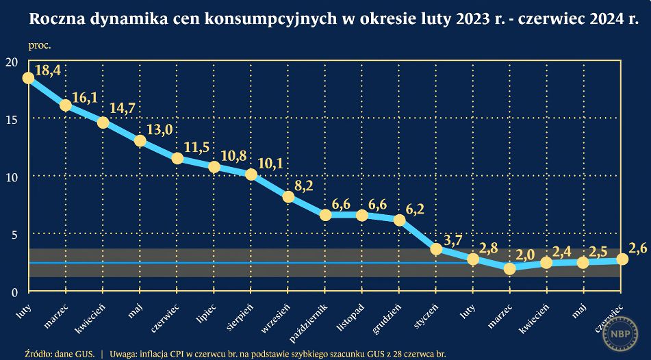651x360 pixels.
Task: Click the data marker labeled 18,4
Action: (28, 77)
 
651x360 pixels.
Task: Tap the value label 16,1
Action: (84, 98)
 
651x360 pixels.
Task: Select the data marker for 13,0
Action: (140, 141)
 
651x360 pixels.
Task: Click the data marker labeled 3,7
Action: (436, 249)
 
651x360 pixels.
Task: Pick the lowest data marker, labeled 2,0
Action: (509, 268)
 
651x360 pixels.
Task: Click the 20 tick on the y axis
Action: (11, 62)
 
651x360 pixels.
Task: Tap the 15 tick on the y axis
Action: (11, 120)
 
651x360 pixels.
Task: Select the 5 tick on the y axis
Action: (13, 235)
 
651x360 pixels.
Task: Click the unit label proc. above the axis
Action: (40, 46)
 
